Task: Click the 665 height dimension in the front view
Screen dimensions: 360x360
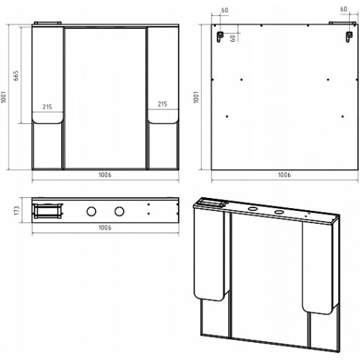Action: pyautogui.click(x=16, y=76)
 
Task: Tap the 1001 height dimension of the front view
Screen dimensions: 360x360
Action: pyautogui.click(x=4, y=97)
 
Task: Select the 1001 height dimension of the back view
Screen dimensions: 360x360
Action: pyautogui.click(x=197, y=97)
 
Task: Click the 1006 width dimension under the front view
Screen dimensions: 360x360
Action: pyautogui.click(x=105, y=175)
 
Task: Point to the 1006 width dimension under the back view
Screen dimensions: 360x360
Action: pyautogui.click(x=284, y=175)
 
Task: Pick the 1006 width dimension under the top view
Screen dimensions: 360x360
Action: pyautogui.click(x=105, y=228)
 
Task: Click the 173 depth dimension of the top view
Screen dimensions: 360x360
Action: pyautogui.click(x=17, y=210)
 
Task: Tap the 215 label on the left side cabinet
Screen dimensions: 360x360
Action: pyautogui.click(x=48, y=107)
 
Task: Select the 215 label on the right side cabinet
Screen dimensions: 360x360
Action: pyautogui.click(x=163, y=104)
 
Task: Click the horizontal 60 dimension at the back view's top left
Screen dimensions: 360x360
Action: pyautogui.click(x=225, y=10)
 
